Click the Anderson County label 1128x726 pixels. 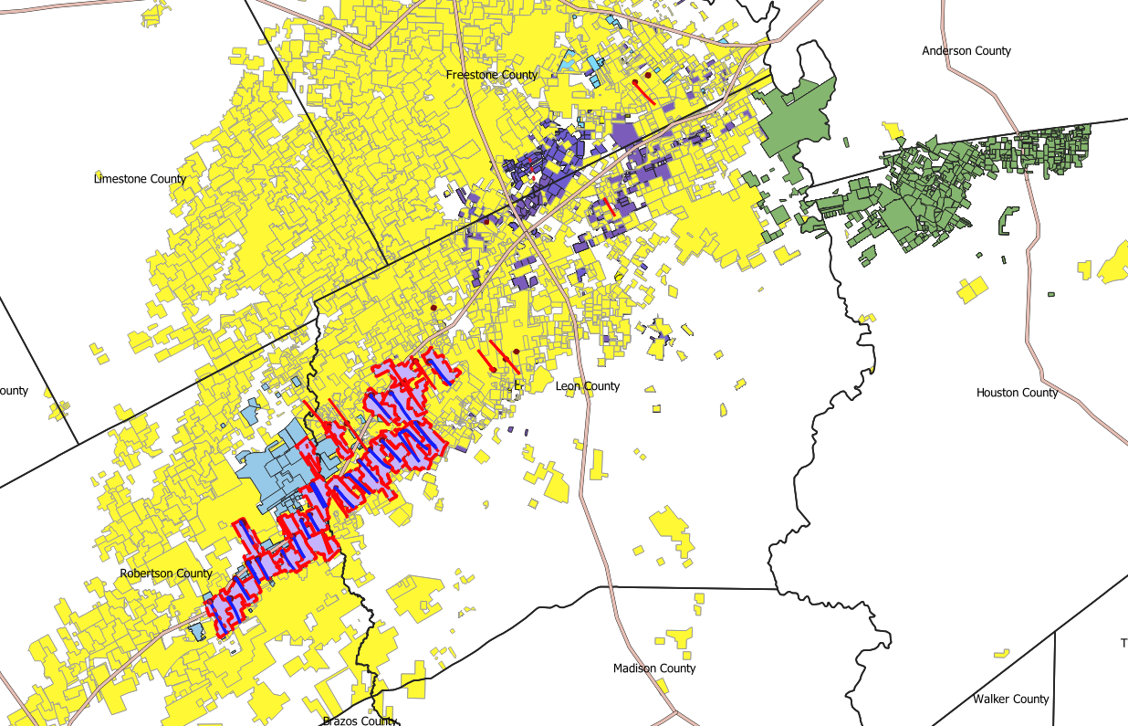pos(966,51)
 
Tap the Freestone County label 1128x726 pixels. pos(492,75)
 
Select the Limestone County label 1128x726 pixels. pos(140,179)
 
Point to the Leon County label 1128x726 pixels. pos(588,386)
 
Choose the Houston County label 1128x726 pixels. pos(1017,393)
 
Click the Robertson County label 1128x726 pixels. pos(166,573)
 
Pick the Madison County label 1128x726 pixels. pos(654,668)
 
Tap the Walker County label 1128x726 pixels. pos(1010,700)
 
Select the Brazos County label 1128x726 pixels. pos(360,721)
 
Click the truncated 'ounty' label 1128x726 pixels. pos(14,391)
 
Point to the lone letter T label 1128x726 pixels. pos(1123,644)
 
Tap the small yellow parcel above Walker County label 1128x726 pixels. pos(1002,653)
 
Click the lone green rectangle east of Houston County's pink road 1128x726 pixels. pos(1051,294)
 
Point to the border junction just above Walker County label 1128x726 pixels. pos(1055,632)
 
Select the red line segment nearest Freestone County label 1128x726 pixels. pos(643,91)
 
